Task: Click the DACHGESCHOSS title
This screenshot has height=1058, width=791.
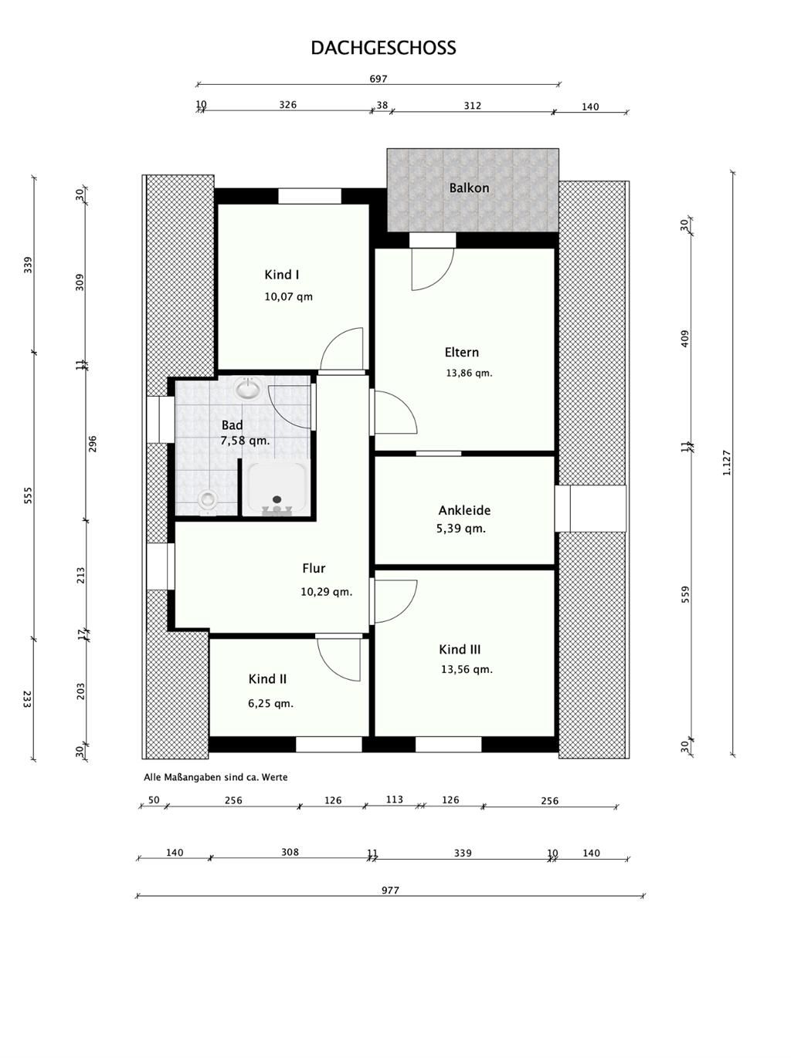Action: point(383,48)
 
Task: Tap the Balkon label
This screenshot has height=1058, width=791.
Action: point(469,188)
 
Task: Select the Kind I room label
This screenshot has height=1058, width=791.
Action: point(281,275)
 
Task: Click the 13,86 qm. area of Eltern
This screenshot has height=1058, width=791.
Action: point(469,373)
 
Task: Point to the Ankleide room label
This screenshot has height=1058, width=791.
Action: point(464,510)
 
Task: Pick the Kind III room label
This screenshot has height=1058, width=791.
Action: point(460,650)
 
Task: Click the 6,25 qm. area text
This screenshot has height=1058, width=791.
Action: point(270,704)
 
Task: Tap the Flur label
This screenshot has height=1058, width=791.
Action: point(314,569)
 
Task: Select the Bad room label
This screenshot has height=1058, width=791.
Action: point(232,425)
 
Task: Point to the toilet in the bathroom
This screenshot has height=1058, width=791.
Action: point(207,499)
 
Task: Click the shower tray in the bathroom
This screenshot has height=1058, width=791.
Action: point(277,488)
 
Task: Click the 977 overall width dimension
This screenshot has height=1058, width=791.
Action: point(390,890)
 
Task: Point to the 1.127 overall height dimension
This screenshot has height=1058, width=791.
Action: point(726,462)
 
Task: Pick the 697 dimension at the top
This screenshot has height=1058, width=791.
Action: point(378,79)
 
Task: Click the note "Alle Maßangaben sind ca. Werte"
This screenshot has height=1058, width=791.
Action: point(216,777)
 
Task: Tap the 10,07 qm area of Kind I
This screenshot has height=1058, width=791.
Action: point(288,297)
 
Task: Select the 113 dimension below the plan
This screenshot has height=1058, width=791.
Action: point(394,799)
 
